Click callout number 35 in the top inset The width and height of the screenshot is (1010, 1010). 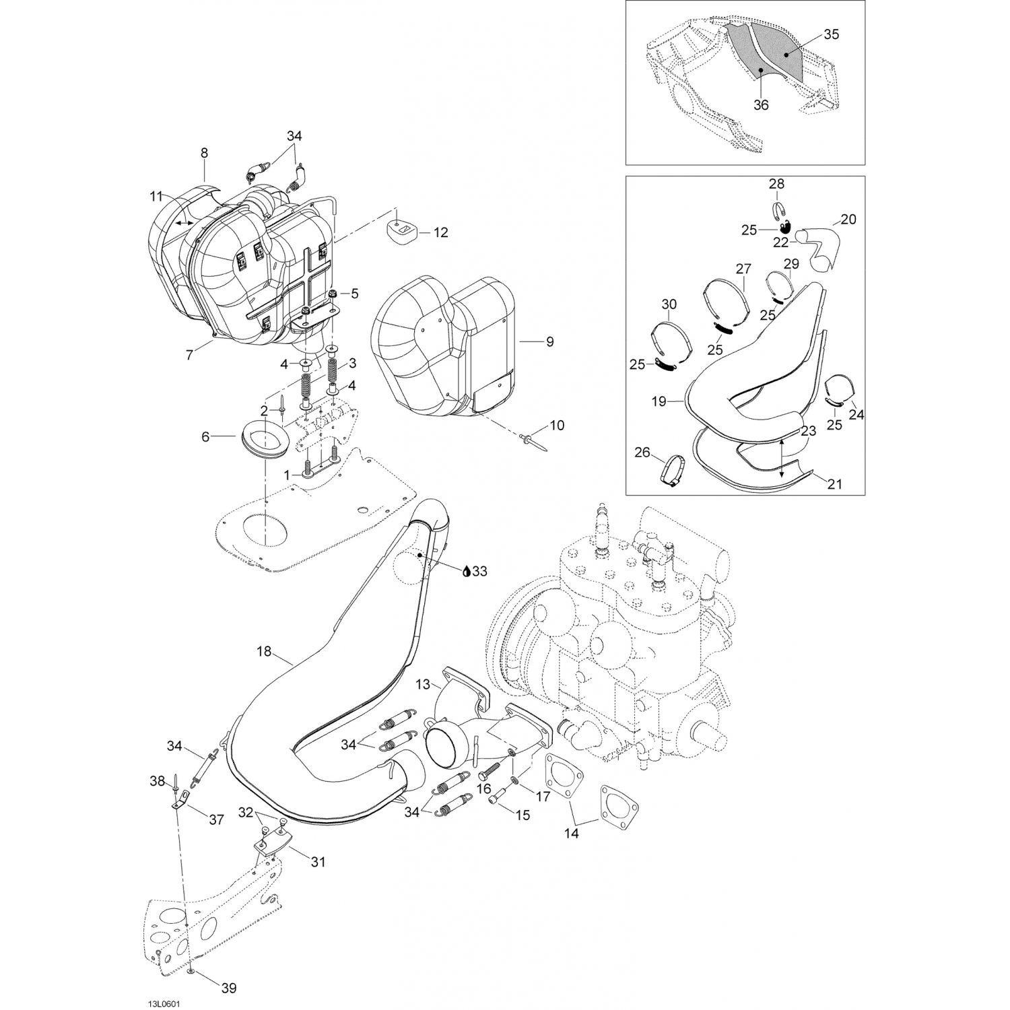(x=832, y=35)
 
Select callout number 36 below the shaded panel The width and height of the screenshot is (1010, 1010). (x=761, y=105)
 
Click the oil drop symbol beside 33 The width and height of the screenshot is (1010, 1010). (x=465, y=572)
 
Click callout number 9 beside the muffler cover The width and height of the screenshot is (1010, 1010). (x=550, y=342)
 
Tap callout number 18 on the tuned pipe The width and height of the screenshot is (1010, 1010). (x=264, y=651)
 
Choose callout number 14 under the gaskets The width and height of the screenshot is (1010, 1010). (x=571, y=833)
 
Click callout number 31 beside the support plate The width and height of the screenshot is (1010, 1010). (x=318, y=861)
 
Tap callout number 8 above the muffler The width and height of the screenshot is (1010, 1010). (x=205, y=154)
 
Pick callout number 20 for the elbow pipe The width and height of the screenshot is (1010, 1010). (x=848, y=220)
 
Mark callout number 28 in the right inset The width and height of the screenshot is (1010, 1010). (x=776, y=184)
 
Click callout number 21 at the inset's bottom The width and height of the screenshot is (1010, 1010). (x=835, y=483)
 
